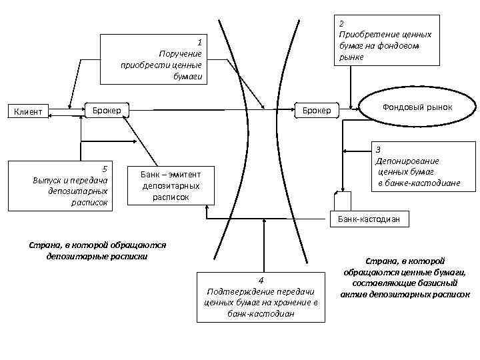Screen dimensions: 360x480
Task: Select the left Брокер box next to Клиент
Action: click(107, 109)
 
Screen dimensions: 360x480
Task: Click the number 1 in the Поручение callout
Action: click(199, 41)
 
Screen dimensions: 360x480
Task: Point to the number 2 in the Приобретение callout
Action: click(341, 23)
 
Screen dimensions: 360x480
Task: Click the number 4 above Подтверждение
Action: click(262, 280)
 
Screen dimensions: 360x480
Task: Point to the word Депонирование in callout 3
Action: click(407, 161)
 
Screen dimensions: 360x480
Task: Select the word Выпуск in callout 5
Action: click(47, 180)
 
